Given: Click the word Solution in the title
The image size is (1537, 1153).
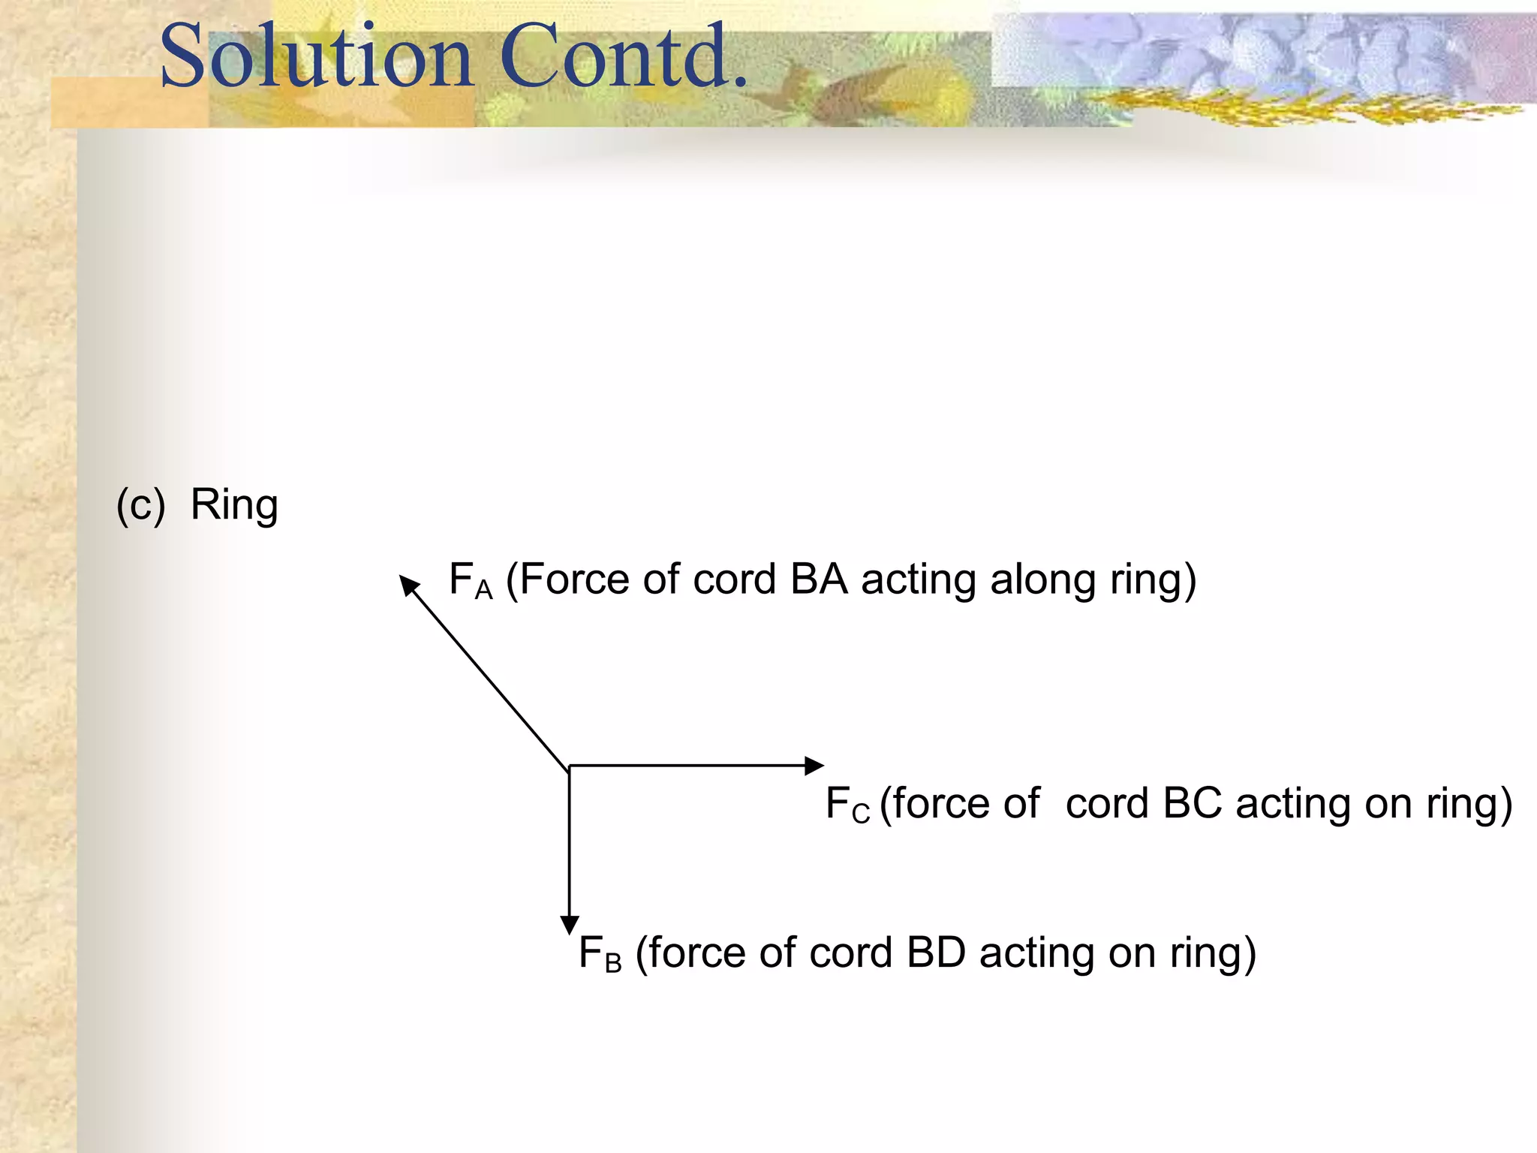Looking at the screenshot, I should tap(316, 56).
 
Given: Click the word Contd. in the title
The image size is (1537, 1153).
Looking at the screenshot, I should tap(623, 56).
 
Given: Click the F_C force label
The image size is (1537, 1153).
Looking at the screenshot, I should tap(847, 805).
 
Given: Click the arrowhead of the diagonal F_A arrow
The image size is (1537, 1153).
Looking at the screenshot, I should tap(408, 584).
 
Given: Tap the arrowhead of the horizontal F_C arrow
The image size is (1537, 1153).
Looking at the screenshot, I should tap(814, 766).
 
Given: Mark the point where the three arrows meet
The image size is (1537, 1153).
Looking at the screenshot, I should tap(569, 766).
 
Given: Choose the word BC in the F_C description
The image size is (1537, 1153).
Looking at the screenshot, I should tap(1192, 803).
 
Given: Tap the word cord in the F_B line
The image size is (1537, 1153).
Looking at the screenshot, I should tap(852, 953).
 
